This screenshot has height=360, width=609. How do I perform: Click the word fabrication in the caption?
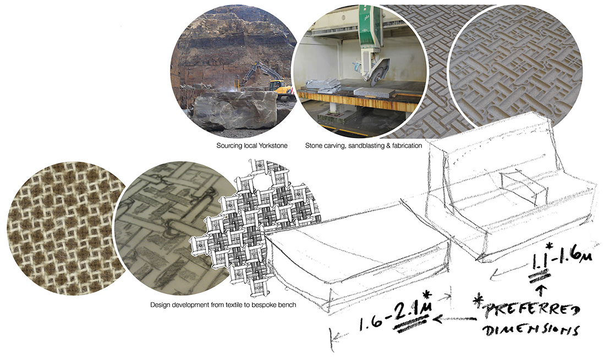coord(407,146)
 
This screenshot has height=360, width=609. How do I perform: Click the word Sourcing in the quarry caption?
coord(229,146)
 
